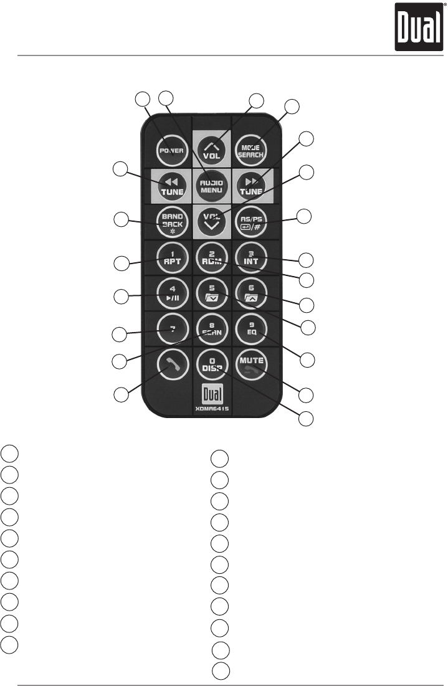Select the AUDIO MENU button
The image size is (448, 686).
pyautogui.click(x=212, y=184)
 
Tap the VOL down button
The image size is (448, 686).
pyautogui.click(x=212, y=221)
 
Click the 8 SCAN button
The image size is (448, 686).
pyautogui.click(x=212, y=328)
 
